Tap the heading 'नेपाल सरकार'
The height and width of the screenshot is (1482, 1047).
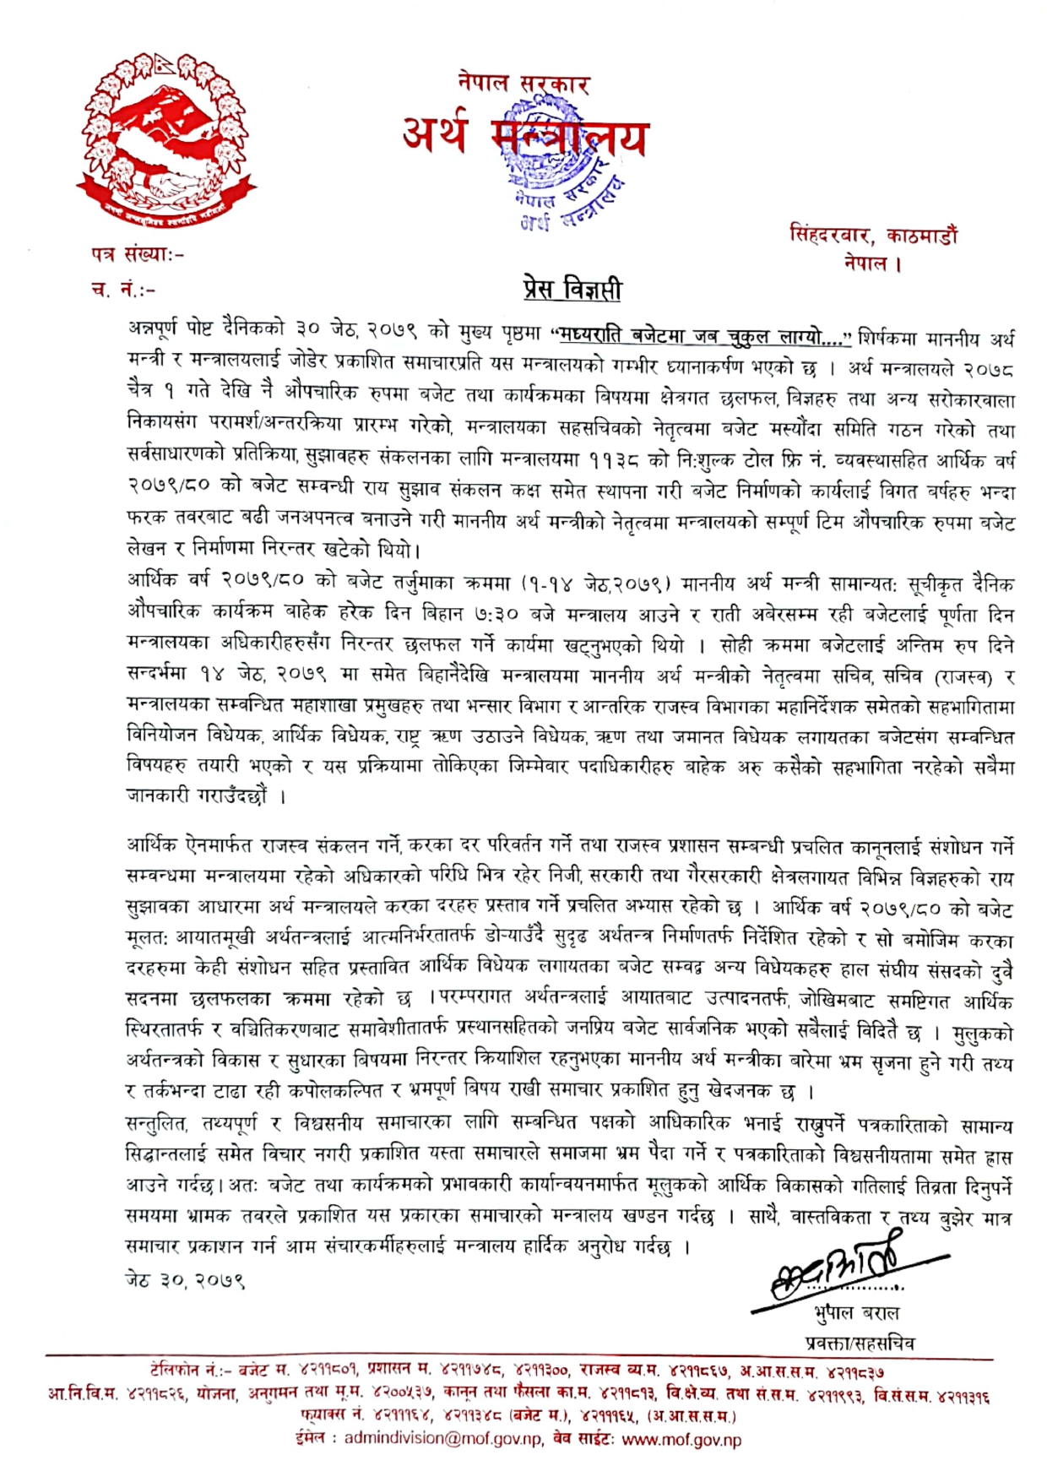(x=523, y=83)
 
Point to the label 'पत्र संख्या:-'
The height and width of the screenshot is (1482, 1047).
(x=137, y=252)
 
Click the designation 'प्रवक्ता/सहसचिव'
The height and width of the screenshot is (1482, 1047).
(x=859, y=1342)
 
